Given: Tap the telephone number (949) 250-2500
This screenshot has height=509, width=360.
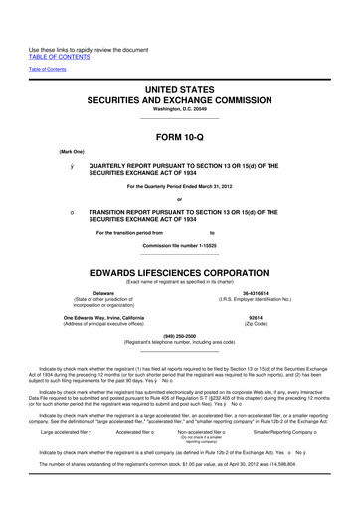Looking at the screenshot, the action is click(180, 335).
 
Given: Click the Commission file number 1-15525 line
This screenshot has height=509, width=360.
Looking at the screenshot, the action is click(180, 245).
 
